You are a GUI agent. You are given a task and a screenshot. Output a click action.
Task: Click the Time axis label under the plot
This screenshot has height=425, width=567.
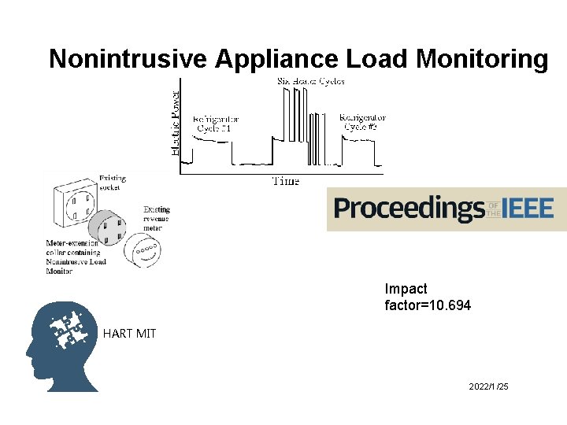point(285,181)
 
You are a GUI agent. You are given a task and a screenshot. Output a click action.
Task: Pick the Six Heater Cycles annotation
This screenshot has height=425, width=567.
point(310,81)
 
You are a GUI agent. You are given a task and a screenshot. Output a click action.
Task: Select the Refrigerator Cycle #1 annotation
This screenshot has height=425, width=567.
point(216,124)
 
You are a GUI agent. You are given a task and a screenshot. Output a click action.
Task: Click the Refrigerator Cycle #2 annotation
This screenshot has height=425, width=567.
point(362,123)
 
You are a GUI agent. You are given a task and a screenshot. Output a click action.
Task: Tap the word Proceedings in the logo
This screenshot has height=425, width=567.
point(409,209)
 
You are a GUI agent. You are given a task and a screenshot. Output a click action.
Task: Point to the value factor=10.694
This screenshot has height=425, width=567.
point(428,305)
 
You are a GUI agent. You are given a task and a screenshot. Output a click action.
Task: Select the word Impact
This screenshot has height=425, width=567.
point(406,289)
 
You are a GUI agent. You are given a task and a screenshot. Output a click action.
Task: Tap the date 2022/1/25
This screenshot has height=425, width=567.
point(488,387)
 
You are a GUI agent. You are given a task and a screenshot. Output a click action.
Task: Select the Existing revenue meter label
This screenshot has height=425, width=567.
point(157,219)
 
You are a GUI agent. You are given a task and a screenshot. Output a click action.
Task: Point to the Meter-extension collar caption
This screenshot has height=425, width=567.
point(76,257)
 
